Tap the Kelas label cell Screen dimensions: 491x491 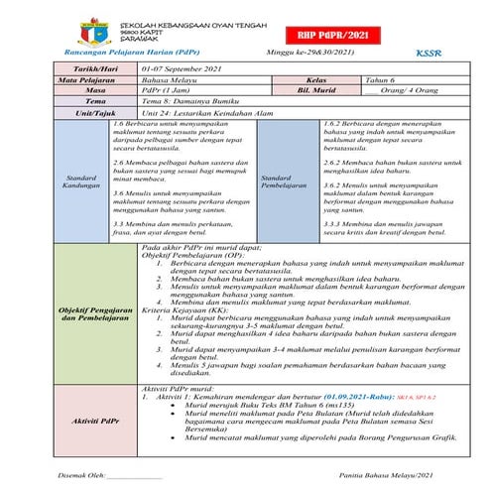pos(317,76)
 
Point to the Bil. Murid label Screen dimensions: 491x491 pos(317,88)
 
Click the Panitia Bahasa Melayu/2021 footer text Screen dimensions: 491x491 pos(385,474)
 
